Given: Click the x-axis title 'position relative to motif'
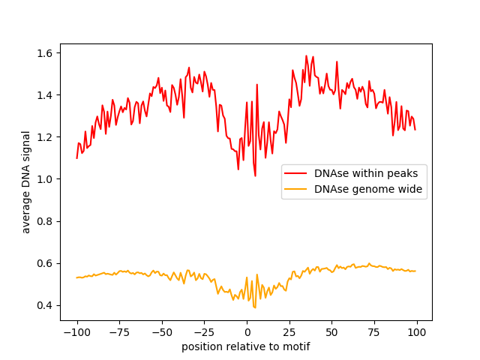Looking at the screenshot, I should [x=246, y=346].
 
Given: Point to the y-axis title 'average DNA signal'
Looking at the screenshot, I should [x=26, y=182].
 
